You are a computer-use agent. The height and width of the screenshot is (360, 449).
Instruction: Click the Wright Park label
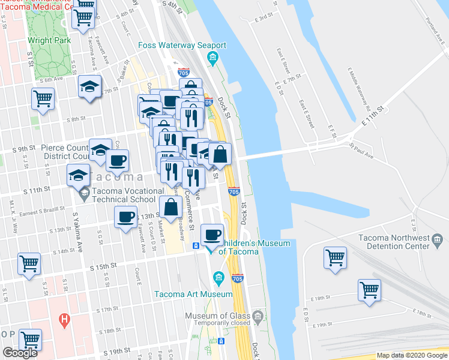[49, 41]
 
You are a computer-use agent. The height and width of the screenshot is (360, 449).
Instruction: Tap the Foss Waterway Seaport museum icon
[212, 58]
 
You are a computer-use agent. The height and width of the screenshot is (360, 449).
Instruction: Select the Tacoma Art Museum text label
[193, 294]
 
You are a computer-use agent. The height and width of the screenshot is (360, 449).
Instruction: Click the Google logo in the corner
[20, 353]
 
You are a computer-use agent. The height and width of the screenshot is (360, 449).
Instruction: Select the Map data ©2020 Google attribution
[411, 355]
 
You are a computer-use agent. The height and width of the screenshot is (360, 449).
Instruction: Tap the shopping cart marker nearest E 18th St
[369, 290]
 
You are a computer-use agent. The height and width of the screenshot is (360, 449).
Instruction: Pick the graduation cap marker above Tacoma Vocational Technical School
[77, 175]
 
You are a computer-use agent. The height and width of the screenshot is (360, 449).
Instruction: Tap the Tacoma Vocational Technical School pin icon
[83, 193]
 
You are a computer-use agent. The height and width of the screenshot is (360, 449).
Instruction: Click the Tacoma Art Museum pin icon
[218, 277]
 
